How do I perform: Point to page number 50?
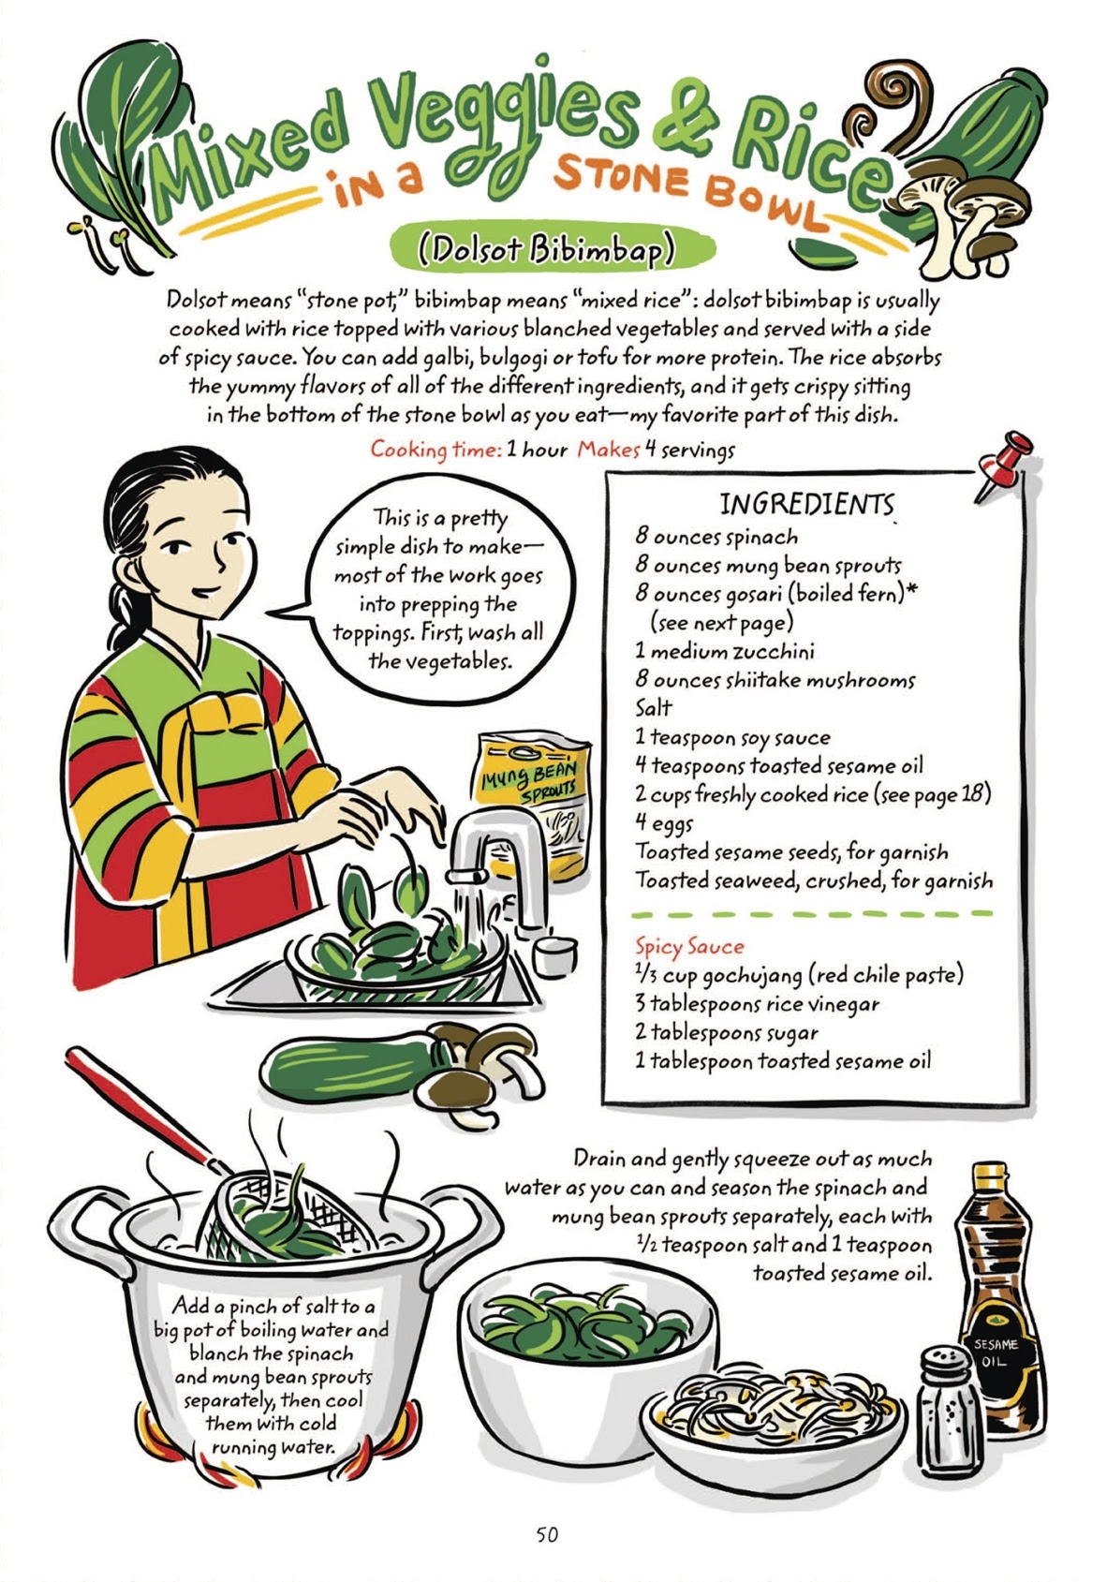(547, 1534)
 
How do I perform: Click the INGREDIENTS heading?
(806, 505)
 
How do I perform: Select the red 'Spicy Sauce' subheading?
(689, 946)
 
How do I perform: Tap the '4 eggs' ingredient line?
(665, 823)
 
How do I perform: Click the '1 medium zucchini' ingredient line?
(725, 651)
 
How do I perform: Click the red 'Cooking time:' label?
(435, 450)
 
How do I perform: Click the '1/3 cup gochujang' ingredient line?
(799, 975)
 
